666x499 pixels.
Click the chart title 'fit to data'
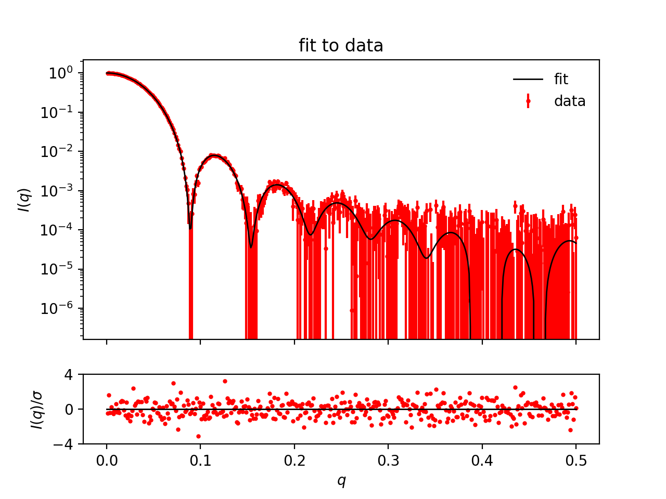click(x=341, y=46)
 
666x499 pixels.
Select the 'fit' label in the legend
click(x=561, y=79)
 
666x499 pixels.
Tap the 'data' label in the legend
click(x=570, y=101)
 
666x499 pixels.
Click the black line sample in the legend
click(x=528, y=79)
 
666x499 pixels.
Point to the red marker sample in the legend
click(x=528, y=101)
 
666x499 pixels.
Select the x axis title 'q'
click(x=341, y=481)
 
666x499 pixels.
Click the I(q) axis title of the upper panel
click(x=24, y=200)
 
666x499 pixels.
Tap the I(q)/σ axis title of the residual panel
click(x=36, y=409)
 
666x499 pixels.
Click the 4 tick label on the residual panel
click(x=69, y=374)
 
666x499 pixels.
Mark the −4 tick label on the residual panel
click(x=63, y=444)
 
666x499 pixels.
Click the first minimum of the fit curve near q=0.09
click(x=190, y=228)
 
